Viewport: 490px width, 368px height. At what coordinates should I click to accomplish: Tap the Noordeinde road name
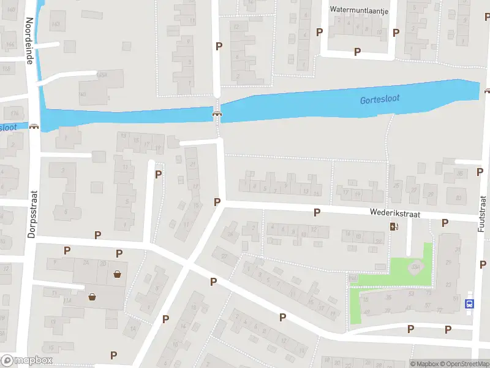click(29, 40)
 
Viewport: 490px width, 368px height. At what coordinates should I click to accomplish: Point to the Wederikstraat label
click(394, 213)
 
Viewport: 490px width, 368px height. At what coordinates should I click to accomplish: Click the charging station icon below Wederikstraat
click(394, 227)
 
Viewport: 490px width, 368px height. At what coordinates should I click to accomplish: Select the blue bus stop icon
click(470, 303)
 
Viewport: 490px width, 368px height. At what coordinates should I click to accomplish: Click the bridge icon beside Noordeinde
click(34, 126)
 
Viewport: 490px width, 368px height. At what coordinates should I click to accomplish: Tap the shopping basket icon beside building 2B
click(117, 274)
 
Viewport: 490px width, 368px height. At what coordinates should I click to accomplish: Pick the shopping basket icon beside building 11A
click(92, 297)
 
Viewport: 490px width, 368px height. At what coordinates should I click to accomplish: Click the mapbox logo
click(26, 361)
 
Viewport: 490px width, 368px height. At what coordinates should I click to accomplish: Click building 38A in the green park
click(416, 267)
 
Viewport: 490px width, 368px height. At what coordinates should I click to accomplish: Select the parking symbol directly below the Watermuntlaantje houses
click(357, 52)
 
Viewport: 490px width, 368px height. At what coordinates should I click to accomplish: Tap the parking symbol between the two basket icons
click(119, 253)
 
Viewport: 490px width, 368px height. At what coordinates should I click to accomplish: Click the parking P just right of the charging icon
click(445, 223)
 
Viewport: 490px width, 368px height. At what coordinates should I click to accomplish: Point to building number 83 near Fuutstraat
click(458, 198)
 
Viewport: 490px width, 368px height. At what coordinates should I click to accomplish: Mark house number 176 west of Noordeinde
click(13, 113)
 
